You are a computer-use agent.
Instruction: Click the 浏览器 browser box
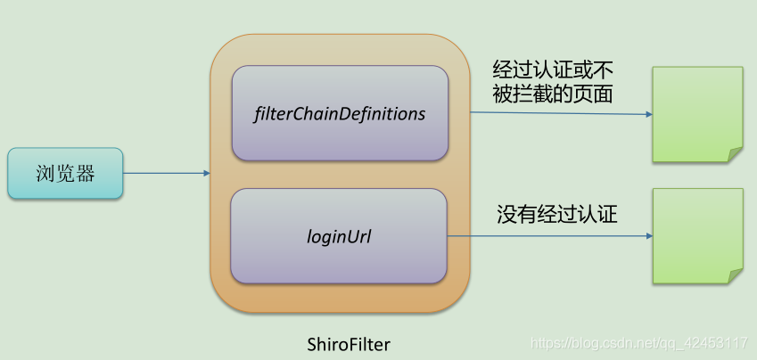pos(65,173)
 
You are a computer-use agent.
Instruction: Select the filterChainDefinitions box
pos(339,113)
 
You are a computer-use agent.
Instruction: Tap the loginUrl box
pos(339,237)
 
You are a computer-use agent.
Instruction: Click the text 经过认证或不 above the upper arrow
pos(553,70)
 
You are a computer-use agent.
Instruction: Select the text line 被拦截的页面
pos(553,93)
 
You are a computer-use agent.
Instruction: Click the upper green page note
pos(696,114)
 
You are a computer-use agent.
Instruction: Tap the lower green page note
pos(696,235)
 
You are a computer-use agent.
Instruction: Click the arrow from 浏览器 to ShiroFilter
pos(166,173)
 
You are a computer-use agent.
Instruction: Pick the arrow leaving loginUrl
pos(548,236)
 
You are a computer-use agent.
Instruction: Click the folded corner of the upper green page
pos(735,154)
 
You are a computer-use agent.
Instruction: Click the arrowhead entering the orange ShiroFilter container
pos(205,173)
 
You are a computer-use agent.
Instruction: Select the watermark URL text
pos(638,343)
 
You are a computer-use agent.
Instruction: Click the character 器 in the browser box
pos(86,173)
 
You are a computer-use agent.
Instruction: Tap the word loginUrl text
pos(339,237)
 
